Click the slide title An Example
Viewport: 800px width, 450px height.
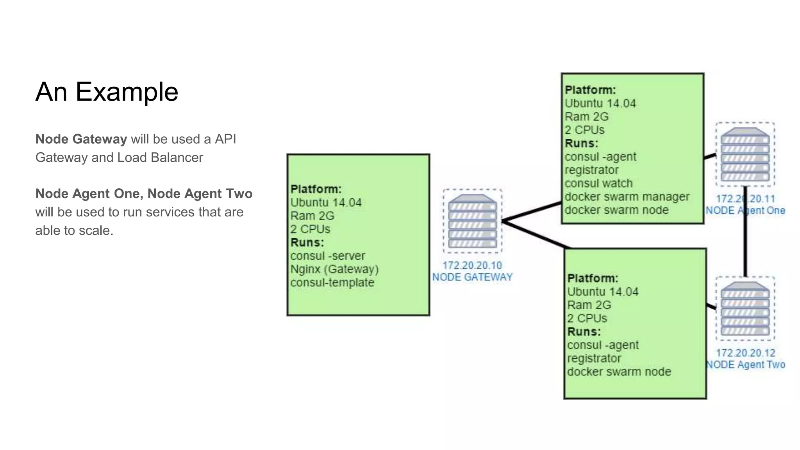pyautogui.click(x=107, y=92)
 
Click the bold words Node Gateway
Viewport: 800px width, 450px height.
pyautogui.click(x=81, y=139)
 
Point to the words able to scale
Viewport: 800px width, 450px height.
pyautogui.click(x=74, y=230)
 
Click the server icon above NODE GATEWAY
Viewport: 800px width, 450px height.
pyautogui.click(x=472, y=221)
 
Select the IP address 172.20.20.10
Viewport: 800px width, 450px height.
pyautogui.click(x=472, y=266)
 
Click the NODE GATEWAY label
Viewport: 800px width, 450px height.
pyautogui.click(x=472, y=277)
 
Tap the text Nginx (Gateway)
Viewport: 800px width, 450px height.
pyautogui.click(x=334, y=270)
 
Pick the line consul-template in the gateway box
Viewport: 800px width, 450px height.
pyautogui.click(x=332, y=283)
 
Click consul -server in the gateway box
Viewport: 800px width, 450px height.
pyautogui.click(x=328, y=256)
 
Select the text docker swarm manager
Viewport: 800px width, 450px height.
pyautogui.click(x=627, y=197)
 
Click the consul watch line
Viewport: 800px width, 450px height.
pyautogui.click(x=598, y=184)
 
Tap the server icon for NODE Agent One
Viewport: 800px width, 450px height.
pyautogui.click(x=745, y=155)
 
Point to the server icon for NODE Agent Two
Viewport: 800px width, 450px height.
pyautogui.click(x=745, y=309)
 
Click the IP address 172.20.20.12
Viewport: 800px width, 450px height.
pyautogui.click(x=745, y=353)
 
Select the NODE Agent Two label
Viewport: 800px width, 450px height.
pyautogui.click(x=745, y=365)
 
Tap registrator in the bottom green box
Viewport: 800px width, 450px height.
pyautogui.click(x=594, y=359)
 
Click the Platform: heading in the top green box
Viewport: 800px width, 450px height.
pyautogui.click(x=590, y=90)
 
